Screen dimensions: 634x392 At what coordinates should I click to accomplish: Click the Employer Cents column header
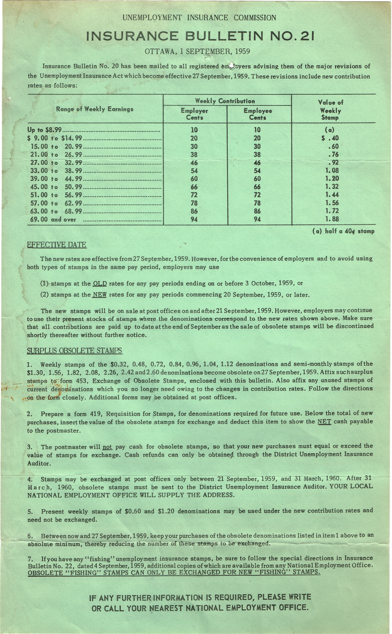click(x=194, y=114)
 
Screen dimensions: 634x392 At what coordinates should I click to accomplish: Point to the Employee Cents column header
click(x=258, y=114)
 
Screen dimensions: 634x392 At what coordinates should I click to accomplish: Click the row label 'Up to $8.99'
click(x=44, y=130)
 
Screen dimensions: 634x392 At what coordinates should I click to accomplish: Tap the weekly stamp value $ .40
click(x=330, y=138)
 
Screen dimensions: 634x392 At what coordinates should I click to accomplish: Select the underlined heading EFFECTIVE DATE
click(x=57, y=245)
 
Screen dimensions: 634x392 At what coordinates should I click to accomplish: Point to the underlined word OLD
click(x=100, y=284)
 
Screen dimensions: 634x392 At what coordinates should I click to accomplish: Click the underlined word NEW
click(x=100, y=295)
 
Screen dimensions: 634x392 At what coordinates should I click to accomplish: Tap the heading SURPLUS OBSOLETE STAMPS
click(x=74, y=351)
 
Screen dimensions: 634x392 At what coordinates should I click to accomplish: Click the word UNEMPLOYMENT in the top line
click(x=152, y=18)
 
